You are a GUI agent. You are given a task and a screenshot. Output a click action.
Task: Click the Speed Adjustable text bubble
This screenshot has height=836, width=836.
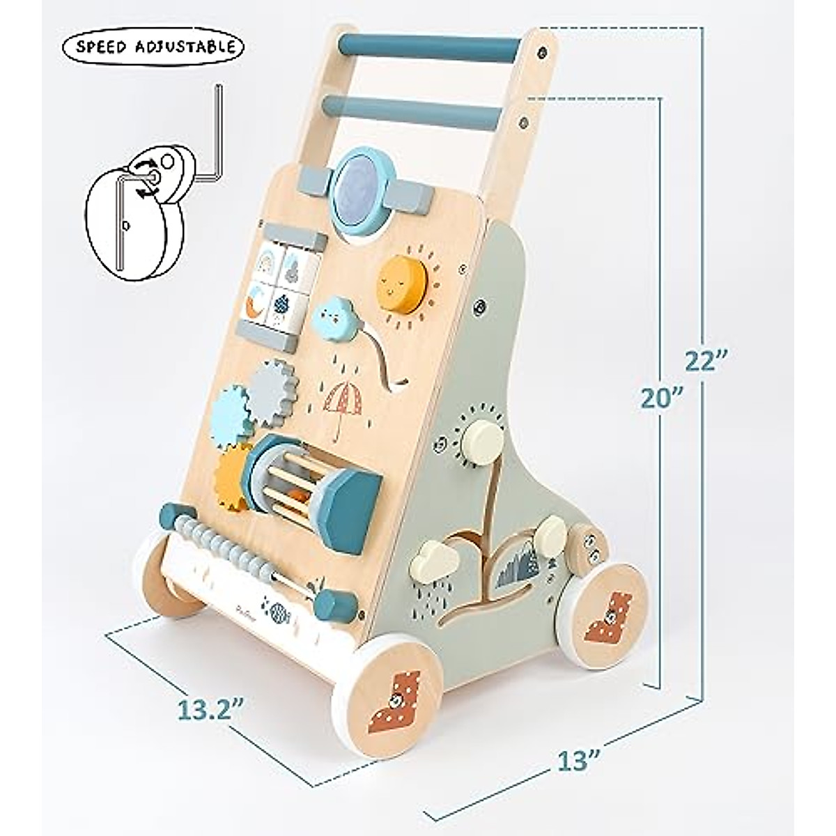(153, 47)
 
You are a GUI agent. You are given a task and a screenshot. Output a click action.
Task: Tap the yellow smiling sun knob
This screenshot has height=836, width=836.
(401, 279)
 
